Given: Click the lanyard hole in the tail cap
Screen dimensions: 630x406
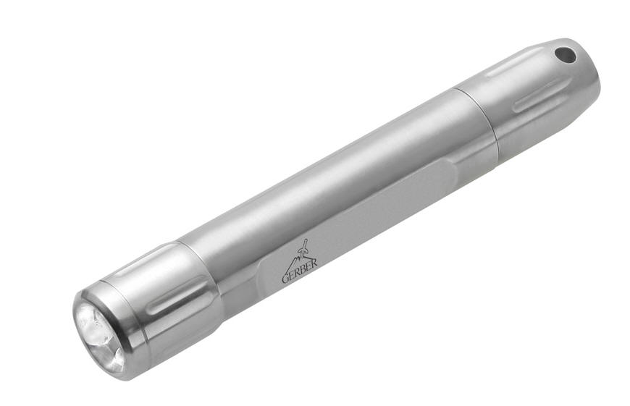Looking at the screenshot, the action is coord(565,55).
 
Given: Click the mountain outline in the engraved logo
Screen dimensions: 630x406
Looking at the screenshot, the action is coord(296,258).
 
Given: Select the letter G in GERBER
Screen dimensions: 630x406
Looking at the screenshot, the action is coord(285,278).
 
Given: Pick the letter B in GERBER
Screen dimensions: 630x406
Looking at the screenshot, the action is coord(305,268).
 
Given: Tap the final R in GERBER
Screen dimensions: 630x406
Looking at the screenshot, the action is coord(314,263).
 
